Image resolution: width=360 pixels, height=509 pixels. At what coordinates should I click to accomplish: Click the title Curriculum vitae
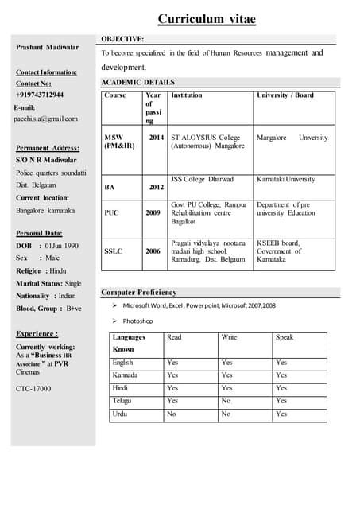click(207, 19)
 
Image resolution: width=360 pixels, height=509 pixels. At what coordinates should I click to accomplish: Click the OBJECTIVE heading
click(122, 38)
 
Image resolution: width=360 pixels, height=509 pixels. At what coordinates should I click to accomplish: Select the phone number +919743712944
click(40, 95)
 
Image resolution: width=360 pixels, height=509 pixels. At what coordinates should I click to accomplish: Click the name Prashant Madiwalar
click(48, 48)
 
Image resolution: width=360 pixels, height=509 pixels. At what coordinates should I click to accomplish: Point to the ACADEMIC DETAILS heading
click(137, 82)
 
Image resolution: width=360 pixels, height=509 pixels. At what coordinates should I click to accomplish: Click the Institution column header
click(187, 95)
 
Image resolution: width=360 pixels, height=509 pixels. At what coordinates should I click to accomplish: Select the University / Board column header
click(285, 95)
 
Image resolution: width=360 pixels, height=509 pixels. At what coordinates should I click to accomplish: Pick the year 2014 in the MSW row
click(157, 138)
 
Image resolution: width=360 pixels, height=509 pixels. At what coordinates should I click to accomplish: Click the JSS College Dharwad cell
click(202, 179)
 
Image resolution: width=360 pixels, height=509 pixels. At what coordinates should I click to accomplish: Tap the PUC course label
click(112, 213)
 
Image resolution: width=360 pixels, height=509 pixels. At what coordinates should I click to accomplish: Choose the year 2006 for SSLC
click(153, 251)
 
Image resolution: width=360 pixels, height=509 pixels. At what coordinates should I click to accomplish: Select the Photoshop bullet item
click(137, 321)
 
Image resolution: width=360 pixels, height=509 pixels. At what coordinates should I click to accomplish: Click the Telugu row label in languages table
click(123, 401)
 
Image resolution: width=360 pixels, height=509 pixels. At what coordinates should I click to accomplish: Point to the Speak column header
click(285, 337)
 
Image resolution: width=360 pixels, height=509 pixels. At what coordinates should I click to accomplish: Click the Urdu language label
click(120, 414)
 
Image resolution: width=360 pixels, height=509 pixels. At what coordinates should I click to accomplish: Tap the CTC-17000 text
click(33, 388)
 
